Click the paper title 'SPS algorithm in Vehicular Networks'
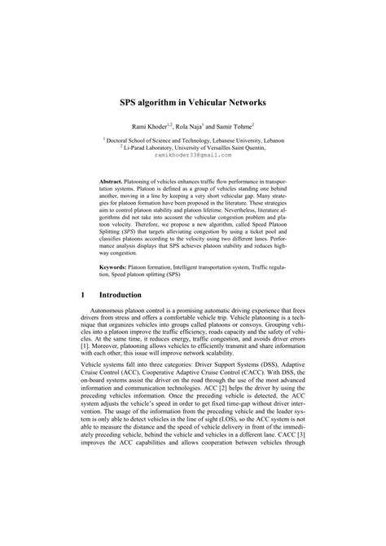[x=193, y=105]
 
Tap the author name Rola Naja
[x=195, y=129]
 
